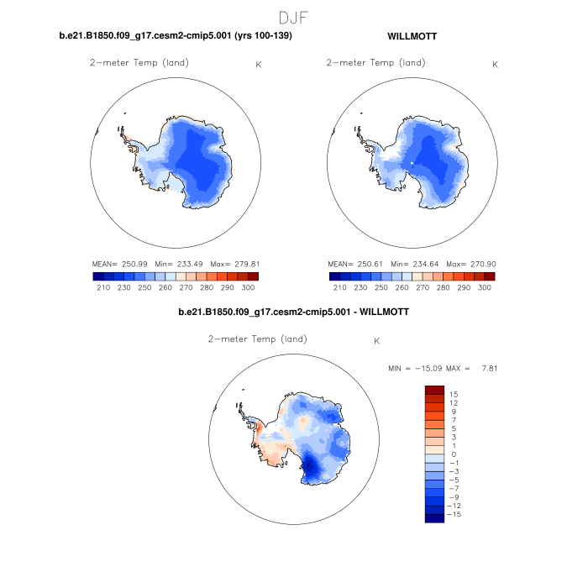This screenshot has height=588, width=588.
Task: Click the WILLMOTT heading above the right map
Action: pyautogui.click(x=412, y=37)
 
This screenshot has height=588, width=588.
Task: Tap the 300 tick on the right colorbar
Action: pyautogui.click(x=485, y=287)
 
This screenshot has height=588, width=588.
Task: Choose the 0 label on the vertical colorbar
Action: pyautogui.click(x=452, y=454)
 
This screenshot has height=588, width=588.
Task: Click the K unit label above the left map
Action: pyautogui.click(x=258, y=65)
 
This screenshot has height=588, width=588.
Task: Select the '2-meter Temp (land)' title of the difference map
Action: pyautogui.click(x=257, y=339)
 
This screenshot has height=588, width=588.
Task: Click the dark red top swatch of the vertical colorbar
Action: pyautogui.click(x=433, y=389)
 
